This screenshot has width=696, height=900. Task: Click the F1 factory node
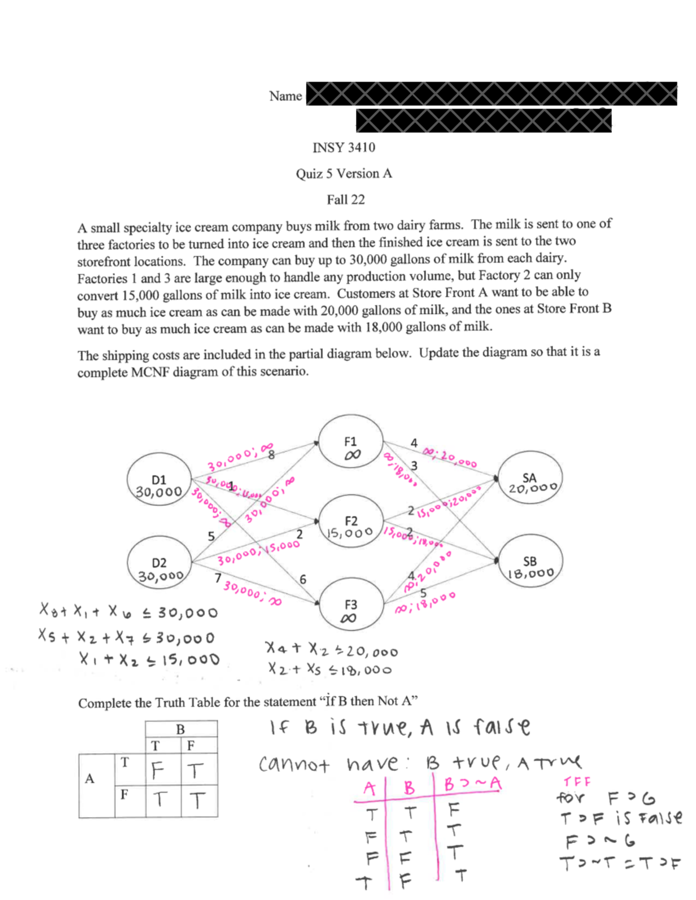[x=351, y=442]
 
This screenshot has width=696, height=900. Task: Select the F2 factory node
[x=351, y=522]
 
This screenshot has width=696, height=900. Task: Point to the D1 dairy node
[x=159, y=480]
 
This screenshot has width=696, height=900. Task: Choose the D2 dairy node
[x=159, y=563]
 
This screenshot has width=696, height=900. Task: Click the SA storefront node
[x=530, y=478]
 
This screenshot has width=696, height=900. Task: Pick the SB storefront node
[x=530, y=562]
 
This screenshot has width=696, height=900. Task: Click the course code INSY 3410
[x=344, y=148]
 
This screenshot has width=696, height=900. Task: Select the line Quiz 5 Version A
[x=344, y=173]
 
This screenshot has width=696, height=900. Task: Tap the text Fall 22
[x=346, y=199]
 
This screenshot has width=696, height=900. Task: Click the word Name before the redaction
[x=285, y=96]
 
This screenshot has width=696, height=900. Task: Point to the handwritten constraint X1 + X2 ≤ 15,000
[x=149, y=659]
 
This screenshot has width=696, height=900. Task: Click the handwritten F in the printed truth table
[x=157, y=770]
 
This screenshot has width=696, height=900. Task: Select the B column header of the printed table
[x=180, y=729]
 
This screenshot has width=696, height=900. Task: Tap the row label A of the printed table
[x=89, y=778]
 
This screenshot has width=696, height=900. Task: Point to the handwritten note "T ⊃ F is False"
[x=621, y=818]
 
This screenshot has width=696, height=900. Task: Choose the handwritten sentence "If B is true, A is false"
[x=400, y=727]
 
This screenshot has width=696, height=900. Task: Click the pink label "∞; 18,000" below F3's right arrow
[x=425, y=603]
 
